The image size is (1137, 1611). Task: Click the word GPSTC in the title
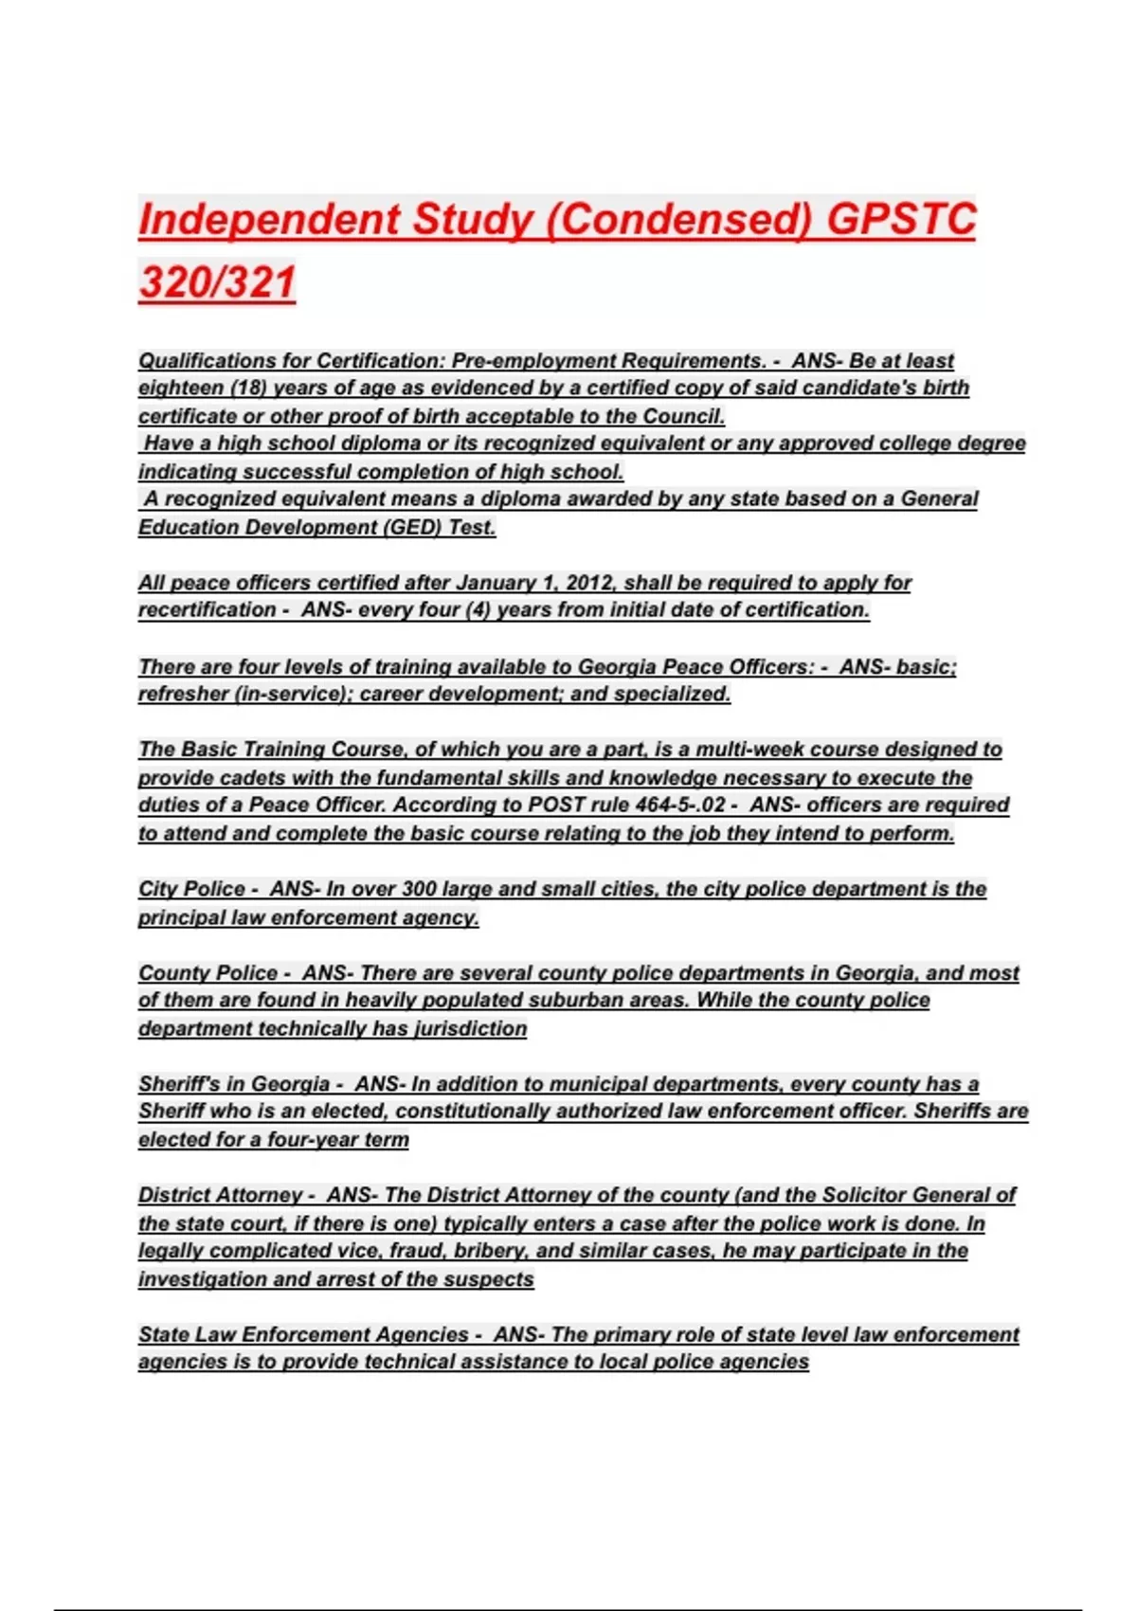[900, 220]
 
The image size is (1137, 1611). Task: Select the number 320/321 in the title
[217, 282]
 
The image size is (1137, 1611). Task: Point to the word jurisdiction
[470, 1029]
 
